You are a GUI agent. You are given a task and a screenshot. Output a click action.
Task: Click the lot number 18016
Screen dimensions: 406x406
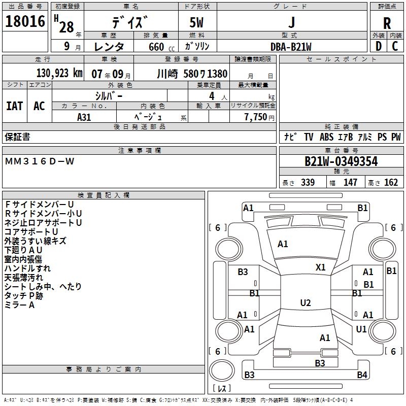[x=25, y=22]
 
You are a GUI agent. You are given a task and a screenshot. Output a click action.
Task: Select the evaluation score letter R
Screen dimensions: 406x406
[x=387, y=23]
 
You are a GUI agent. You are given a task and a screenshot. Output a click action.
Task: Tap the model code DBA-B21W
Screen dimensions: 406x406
[x=291, y=46]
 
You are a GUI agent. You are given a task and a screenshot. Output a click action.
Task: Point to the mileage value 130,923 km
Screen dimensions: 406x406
[x=59, y=74]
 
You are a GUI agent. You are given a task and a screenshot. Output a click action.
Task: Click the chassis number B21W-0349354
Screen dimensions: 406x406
[x=341, y=161]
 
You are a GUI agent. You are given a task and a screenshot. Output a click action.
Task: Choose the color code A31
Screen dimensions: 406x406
[x=84, y=117]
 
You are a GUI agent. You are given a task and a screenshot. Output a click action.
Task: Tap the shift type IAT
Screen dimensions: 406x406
[x=14, y=106]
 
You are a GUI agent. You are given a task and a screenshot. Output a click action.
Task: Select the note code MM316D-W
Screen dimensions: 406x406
[x=40, y=161]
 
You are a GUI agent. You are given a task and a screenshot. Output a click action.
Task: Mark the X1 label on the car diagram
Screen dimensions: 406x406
[x=321, y=267]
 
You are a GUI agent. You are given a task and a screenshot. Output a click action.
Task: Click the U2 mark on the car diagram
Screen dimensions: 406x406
[x=306, y=303]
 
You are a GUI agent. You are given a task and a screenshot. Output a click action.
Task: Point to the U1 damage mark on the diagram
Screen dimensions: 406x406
[x=361, y=329]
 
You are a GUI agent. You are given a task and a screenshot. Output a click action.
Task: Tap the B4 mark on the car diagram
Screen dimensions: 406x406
[x=361, y=375]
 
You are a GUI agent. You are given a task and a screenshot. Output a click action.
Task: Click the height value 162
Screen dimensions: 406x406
[x=391, y=183]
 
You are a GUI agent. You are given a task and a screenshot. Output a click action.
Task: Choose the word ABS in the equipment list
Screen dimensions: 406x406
[x=326, y=137]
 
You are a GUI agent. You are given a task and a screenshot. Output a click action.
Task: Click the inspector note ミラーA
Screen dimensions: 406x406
[x=19, y=305]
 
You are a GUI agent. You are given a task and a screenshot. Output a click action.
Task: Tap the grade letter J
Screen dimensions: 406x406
[x=291, y=23]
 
